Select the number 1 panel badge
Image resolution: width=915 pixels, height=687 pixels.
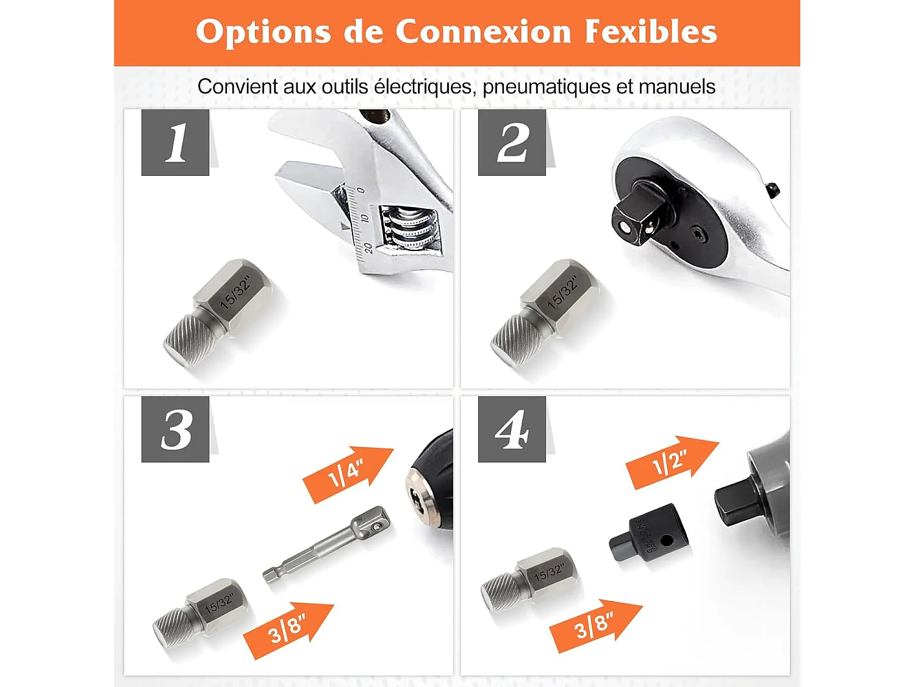click(176, 143)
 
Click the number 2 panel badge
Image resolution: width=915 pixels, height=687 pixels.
click(512, 143)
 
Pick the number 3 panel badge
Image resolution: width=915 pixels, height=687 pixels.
click(176, 429)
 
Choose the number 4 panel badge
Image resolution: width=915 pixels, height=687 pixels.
click(512, 429)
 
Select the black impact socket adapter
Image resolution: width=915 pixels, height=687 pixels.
click(650, 536)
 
